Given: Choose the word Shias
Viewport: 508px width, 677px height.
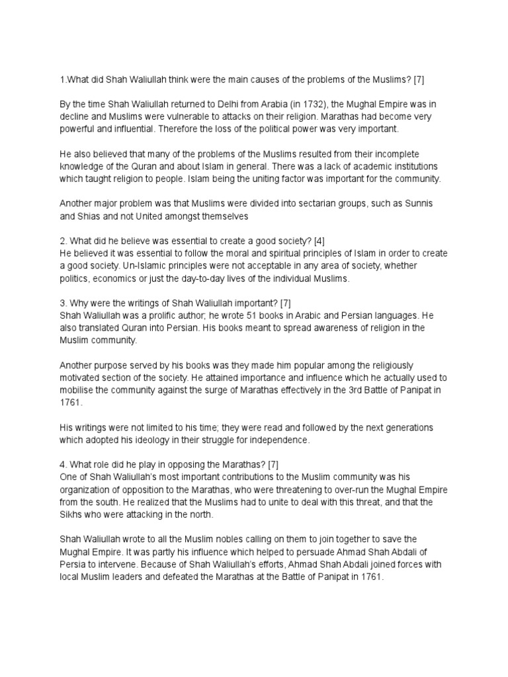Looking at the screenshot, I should tap(98, 216).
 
